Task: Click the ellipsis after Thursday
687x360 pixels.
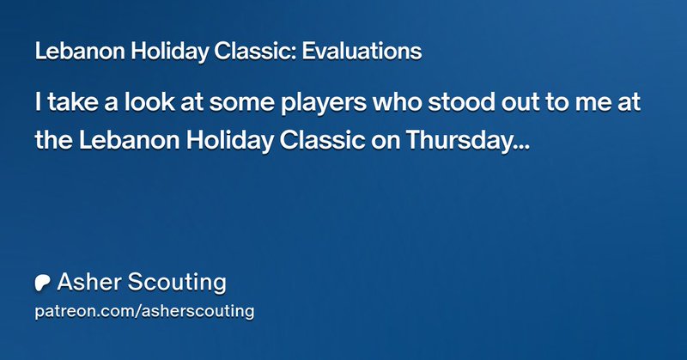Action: click(520, 146)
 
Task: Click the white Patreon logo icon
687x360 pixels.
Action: click(42, 283)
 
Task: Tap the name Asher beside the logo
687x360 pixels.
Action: click(87, 282)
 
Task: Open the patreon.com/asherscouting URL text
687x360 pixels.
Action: click(144, 311)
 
